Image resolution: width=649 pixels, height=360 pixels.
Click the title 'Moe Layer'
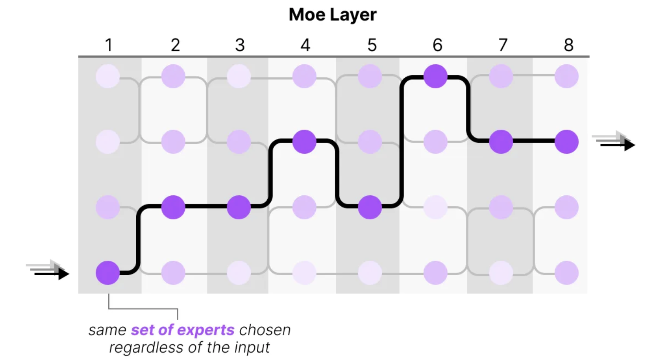[x=333, y=14]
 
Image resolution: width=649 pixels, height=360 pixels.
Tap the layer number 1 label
[x=109, y=45]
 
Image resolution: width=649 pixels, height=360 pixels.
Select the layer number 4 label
[x=305, y=45]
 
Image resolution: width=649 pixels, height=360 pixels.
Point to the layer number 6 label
[x=438, y=45]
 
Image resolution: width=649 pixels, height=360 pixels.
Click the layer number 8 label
[x=569, y=45]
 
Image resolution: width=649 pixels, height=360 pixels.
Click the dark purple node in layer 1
[x=108, y=273]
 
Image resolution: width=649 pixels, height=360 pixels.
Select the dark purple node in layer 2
[x=173, y=207]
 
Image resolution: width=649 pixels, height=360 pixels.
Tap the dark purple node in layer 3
[x=239, y=207]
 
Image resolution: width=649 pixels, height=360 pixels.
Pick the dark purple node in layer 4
[x=304, y=142]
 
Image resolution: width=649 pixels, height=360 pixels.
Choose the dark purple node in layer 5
[x=370, y=207]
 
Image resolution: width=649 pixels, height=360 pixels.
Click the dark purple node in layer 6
[x=435, y=76]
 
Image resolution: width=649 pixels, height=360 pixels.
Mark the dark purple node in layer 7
[x=501, y=142]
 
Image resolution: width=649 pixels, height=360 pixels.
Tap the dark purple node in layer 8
[x=567, y=142]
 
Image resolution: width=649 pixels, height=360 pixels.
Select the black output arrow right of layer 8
[x=618, y=145]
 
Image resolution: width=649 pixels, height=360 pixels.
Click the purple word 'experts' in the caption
[x=205, y=330]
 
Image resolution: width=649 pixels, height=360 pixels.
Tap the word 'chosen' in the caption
[x=265, y=330]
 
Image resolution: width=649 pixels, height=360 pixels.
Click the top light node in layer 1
[x=108, y=76]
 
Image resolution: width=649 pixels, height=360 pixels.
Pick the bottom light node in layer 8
[x=567, y=273]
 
